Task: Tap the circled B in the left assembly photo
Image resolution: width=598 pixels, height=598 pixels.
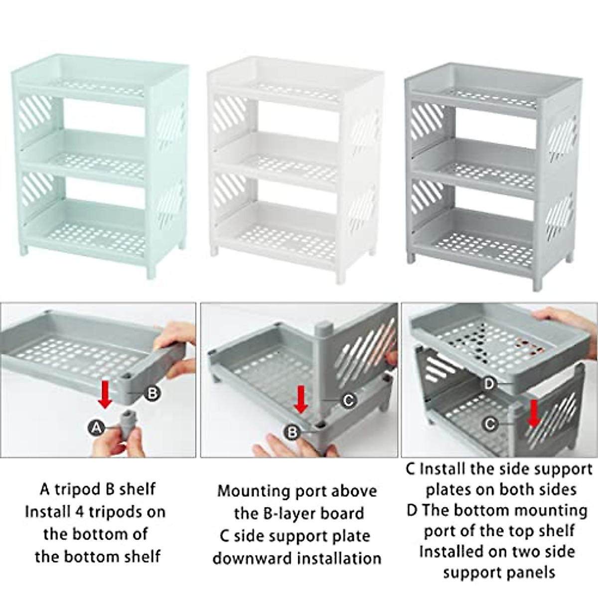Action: point(152,393)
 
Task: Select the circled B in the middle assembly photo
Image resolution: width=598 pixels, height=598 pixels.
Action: point(293,432)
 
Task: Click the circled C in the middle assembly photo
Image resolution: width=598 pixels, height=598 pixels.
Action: point(349,400)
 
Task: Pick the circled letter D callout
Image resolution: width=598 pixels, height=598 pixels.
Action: point(489,384)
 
